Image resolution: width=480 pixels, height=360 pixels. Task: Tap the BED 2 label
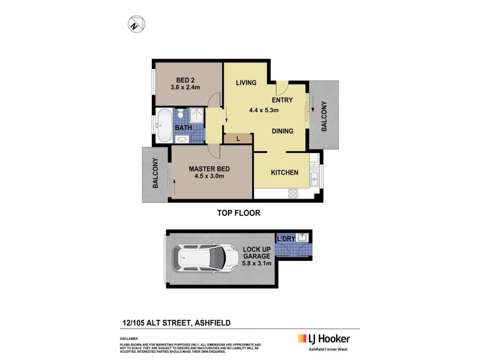pos(185,80)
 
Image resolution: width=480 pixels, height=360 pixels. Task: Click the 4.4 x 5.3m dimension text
pos(265,110)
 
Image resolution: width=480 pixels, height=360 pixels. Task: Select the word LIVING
pos(247,83)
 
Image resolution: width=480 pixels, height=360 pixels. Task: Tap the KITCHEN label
pos(284,173)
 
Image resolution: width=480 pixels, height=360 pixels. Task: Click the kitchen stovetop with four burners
pos(294,193)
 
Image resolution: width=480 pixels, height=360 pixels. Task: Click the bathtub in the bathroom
pos(164,125)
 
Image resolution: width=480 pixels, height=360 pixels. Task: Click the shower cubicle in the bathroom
pos(197,116)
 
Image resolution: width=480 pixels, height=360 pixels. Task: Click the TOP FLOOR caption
pos(238,213)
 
